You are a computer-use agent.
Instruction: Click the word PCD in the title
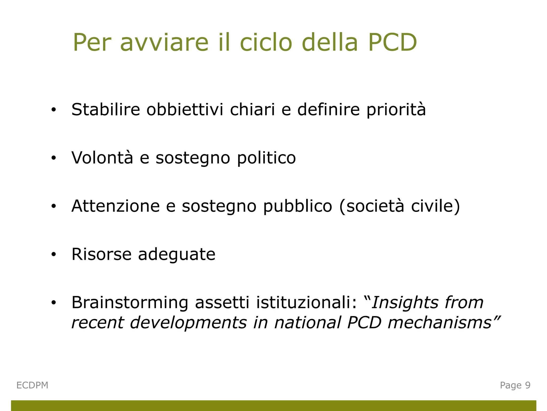pyautogui.click(x=392, y=43)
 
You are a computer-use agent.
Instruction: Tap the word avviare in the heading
pyautogui.click(x=164, y=43)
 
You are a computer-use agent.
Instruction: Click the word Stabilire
pyautogui.click(x=106, y=109)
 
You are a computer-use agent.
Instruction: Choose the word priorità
pyautogui.click(x=396, y=109)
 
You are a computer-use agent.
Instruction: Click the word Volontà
pyautogui.click(x=102, y=158)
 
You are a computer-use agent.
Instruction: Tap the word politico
pyautogui.click(x=267, y=158)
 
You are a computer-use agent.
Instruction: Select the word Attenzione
pyautogui.click(x=116, y=206)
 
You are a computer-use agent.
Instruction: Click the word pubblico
pyautogui.click(x=298, y=206)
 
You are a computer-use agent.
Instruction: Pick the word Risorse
pyautogui.click(x=101, y=254)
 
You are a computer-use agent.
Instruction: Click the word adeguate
pyautogui.click(x=177, y=254)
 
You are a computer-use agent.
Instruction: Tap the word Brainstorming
pyautogui.click(x=130, y=303)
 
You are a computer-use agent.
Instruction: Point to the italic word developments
pyautogui.click(x=188, y=323)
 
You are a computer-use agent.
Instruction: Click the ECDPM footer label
pyautogui.click(x=32, y=385)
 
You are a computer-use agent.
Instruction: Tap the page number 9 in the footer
pyautogui.click(x=528, y=385)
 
